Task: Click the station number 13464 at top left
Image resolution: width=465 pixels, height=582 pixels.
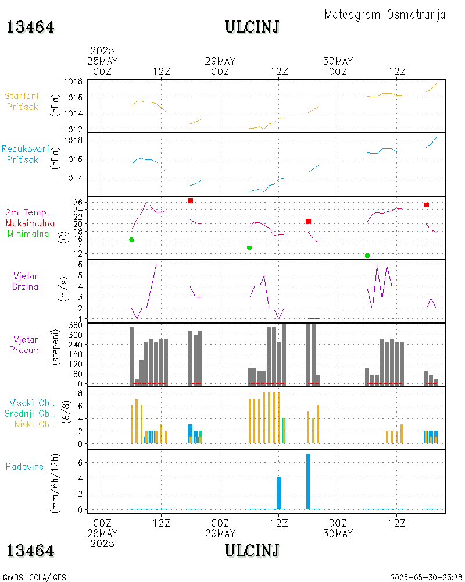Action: pyautogui.click(x=31, y=27)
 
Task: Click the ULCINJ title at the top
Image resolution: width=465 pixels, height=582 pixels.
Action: pyautogui.click(x=252, y=27)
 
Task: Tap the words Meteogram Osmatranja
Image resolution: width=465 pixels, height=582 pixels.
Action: pyautogui.click(x=385, y=15)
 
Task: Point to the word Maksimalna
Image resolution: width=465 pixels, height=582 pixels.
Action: pyautogui.click(x=30, y=223)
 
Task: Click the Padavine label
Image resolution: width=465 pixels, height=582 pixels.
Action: pyautogui.click(x=24, y=466)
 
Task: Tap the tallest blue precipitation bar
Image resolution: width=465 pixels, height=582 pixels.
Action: pyautogui.click(x=308, y=481)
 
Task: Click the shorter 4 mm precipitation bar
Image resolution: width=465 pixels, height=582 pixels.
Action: pyautogui.click(x=278, y=493)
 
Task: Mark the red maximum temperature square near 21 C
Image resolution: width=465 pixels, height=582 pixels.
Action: pyautogui.click(x=308, y=221)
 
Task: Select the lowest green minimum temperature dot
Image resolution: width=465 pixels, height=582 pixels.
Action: pyautogui.click(x=367, y=255)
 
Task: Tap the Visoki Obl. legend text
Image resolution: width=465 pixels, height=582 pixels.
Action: pyautogui.click(x=31, y=403)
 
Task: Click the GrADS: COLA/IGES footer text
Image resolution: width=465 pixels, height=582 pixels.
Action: pyautogui.click(x=34, y=577)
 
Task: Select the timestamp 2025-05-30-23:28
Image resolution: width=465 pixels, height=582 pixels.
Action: pyautogui.click(x=426, y=577)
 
